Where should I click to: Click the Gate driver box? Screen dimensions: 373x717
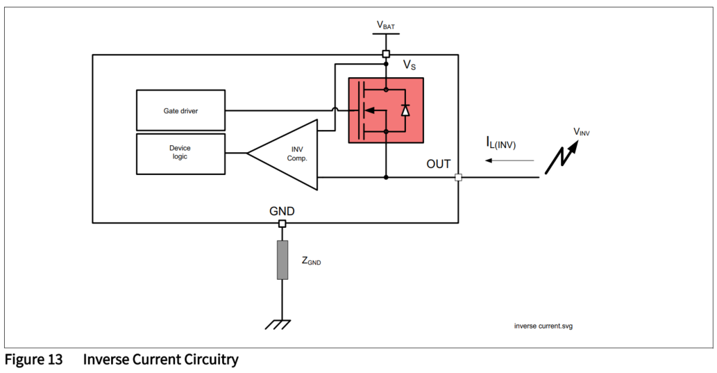pyautogui.click(x=180, y=110)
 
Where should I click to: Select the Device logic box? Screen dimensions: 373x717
pyautogui.click(x=180, y=153)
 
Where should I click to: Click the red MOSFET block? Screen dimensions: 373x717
pyautogui.click(x=385, y=110)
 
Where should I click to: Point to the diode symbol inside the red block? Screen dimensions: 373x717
pyautogui.click(x=405, y=110)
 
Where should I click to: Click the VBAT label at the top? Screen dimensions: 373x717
pyautogui.click(x=387, y=26)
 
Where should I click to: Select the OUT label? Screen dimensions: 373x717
pyautogui.click(x=439, y=165)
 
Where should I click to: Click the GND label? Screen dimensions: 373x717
pyautogui.click(x=282, y=210)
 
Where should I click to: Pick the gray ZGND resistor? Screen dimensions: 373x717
pyautogui.click(x=282, y=260)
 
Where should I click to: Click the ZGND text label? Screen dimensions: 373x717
pyautogui.click(x=311, y=261)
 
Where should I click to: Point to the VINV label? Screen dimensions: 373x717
pyautogui.click(x=582, y=131)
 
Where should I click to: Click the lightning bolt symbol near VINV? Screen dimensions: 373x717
pyautogui.click(x=562, y=156)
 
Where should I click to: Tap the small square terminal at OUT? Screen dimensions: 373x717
pyautogui.click(x=458, y=177)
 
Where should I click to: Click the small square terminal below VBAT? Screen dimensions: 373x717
pyautogui.click(x=386, y=54)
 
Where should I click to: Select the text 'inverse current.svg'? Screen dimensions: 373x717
pyautogui.click(x=543, y=326)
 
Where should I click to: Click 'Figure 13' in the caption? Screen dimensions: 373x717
pyautogui.click(x=33, y=360)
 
